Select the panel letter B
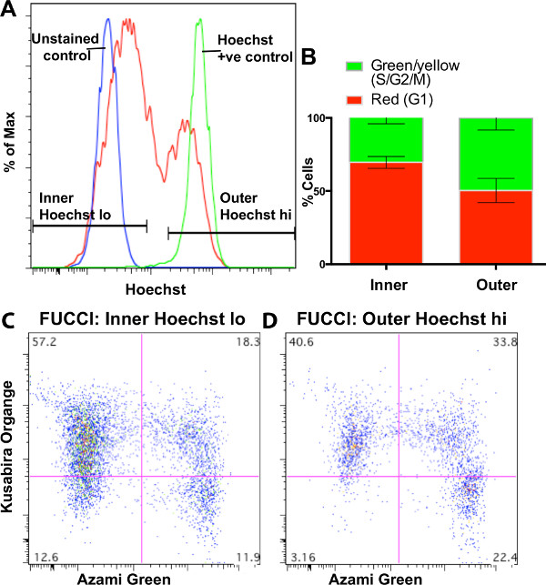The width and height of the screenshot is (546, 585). point(309,56)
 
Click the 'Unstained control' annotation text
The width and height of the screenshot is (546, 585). point(66,45)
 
